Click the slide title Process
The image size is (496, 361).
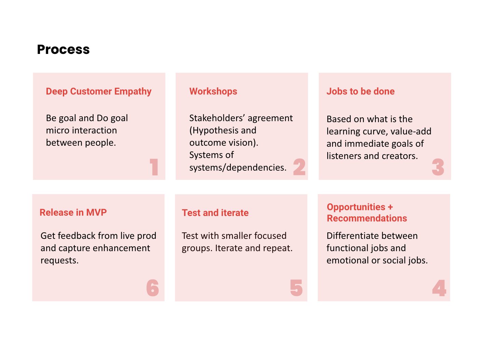pos(63,50)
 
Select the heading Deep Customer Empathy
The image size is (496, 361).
pos(98,91)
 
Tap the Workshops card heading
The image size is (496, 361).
pos(213,91)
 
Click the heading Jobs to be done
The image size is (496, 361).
pos(360,91)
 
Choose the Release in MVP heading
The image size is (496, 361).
pos(73,212)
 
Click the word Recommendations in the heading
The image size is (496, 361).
pos(367,218)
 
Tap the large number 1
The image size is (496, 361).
pos(154,167)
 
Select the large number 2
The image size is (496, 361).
pos(299,167)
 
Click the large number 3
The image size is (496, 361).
pos(438,167)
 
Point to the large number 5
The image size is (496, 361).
pos(296,288)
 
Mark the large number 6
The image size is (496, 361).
pos(153,288)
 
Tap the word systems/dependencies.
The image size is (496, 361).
pos(238,168)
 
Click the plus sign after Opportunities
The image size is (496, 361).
pos(390,207)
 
